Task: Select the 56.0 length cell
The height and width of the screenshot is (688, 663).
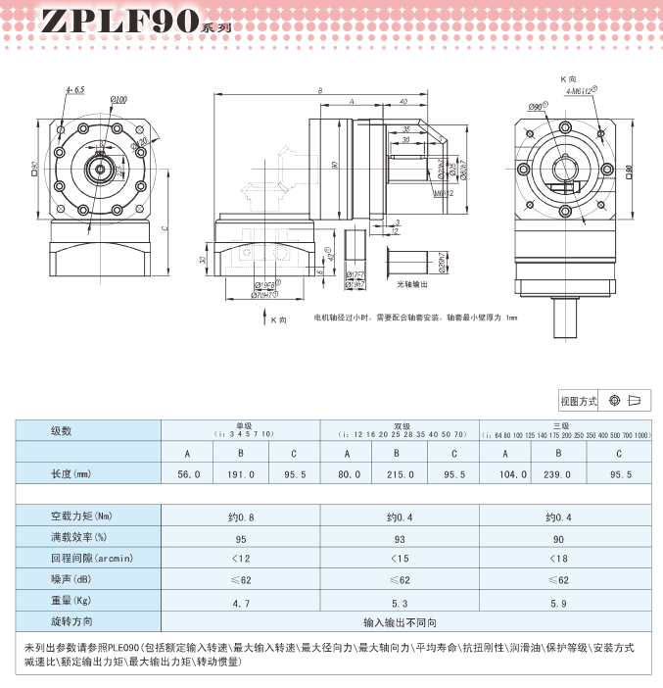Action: (x=188, y=474)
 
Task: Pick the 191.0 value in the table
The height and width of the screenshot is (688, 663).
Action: (x=240, y=474)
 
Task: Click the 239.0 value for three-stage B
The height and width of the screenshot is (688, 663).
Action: (x=557, y=474)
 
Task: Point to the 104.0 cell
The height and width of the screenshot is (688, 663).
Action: (x=505, y=474)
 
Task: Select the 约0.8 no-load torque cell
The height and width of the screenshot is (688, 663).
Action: (x=240, y=516)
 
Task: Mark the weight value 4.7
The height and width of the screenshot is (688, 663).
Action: (x=240, y=602)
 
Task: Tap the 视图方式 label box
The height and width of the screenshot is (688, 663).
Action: (x=578, y=401)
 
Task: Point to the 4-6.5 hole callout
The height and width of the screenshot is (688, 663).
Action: (x=75, y=90)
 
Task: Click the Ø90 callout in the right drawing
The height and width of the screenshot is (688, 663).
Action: (x=537, y=106)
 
